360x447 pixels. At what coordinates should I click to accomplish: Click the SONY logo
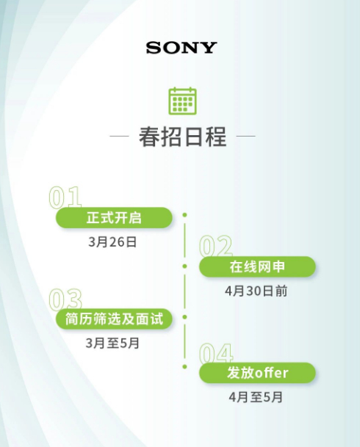tap(181, 48)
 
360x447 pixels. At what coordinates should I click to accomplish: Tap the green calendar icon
tap(182, 101)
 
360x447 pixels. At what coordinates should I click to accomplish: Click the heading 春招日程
tap(182, 137)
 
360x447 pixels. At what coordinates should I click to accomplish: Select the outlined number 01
tap(65, 197)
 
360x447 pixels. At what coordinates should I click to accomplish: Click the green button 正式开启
tap(114, 217)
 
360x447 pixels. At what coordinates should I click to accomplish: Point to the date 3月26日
tap(112, 242)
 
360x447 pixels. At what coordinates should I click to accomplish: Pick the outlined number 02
tap(216, 246)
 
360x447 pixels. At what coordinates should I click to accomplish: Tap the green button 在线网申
tap(257, 266)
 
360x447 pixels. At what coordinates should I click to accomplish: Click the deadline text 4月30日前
tap(256, 291)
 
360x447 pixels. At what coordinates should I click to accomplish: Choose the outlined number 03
tap(65, 299)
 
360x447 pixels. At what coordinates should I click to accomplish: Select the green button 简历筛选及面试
tap(114, 319)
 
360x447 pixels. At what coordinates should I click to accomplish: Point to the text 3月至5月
tap(112, 343)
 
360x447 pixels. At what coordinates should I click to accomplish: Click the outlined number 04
tap(216, 353)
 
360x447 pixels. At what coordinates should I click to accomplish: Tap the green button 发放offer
tap(257, 373)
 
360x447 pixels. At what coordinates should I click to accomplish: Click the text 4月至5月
tap(256, 397)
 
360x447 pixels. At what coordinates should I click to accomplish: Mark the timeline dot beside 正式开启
tap(184, 214)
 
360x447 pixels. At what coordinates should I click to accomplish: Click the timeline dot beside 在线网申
tap(184, 266)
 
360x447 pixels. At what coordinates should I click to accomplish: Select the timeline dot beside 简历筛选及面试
tap(184, 317)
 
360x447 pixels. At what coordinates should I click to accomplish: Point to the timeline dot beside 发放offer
tap(184, 366)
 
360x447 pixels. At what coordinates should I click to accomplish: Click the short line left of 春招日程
tap(119, 136)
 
